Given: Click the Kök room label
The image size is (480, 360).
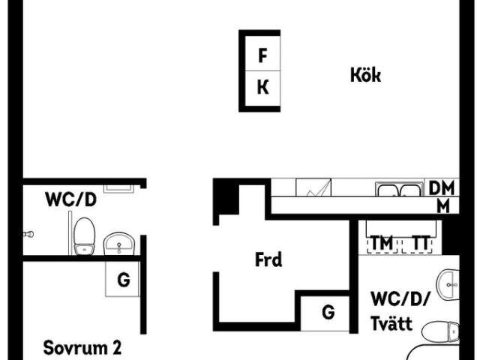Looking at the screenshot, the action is click(365, 75).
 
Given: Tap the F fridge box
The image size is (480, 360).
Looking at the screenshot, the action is click(262, 53).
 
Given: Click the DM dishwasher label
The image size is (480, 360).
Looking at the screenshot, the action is click(442, 188).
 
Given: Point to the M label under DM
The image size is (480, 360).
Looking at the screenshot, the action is click(443, 206).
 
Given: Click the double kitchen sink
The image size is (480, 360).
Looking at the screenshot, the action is click(400, 189).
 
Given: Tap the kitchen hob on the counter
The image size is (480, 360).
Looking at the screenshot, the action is click(313, 187).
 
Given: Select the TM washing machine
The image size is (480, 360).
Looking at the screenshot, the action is click(382, 243).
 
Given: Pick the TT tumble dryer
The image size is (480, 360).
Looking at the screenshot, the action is click(417, 243).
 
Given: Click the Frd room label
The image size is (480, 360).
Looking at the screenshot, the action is click(268, 259).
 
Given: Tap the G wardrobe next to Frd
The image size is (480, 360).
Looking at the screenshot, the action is click(325, 313).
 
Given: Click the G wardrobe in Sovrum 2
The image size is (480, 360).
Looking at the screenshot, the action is click(122, 279).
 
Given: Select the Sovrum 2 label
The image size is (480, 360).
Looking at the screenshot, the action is click(82, 348).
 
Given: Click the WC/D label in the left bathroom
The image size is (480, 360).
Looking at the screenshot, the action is click(70, 199).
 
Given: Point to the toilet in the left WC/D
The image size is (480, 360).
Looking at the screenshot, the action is click(85, 236).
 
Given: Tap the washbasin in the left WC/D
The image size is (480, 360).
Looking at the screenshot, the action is click(119, 244).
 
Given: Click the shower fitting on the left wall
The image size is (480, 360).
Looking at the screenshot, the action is click(28, 234).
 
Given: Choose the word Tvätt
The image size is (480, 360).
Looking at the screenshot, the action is click(391, 323).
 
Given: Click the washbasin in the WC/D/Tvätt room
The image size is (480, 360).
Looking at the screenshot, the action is click(448, 285).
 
